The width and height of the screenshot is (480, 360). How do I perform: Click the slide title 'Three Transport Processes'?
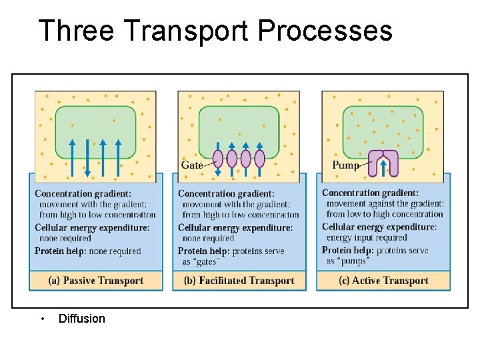coord(215,31)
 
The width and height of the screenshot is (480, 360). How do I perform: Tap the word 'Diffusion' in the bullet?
coord(82,319)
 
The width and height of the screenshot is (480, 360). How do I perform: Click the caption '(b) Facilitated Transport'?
coord(238,281)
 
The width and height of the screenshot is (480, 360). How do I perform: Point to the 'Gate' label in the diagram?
coord(192,165)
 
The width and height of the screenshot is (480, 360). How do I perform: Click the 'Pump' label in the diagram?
coord(345,165)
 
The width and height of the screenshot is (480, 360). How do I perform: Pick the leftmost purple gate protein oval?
coord(218,159)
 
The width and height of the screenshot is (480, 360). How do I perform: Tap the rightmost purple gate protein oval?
coord(259,159)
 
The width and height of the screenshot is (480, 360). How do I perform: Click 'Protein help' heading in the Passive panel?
coord(61,251)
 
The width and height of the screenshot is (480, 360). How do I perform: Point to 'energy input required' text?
coord(367,238)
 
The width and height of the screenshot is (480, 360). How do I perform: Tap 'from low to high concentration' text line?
coord(385,214)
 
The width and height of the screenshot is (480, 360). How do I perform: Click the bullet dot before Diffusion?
coord(42,319)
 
